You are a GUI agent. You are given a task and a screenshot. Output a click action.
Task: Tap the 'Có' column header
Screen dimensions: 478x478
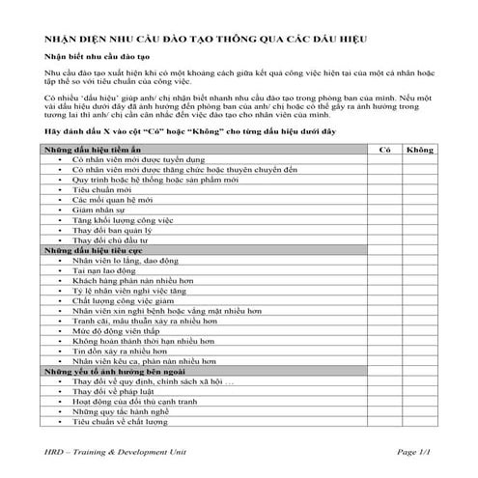pos(383,150)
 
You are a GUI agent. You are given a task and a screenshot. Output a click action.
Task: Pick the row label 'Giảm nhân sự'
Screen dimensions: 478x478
pos(100,209)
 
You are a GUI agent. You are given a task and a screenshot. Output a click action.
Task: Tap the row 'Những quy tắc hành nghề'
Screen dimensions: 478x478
pos(121,411)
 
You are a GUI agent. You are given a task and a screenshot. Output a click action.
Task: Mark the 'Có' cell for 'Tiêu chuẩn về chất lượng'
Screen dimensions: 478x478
pos(383,422)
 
